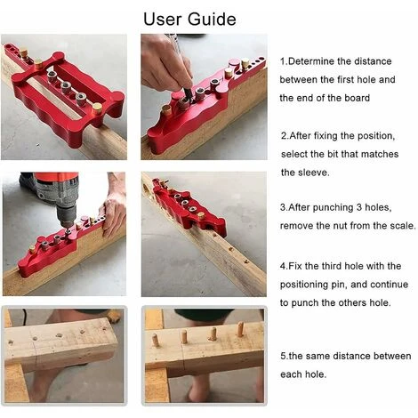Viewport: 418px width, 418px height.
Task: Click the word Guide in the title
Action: (x=212, y=19)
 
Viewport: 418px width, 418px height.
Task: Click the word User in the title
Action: (x=163, y=19)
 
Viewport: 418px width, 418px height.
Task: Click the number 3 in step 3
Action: (x=359, y=207)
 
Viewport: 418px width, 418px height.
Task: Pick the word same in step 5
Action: (x=318, y=356)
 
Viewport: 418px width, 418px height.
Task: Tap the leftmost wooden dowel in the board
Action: (x=156, y=341)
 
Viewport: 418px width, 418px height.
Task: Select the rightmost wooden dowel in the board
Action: (x=240, y=330)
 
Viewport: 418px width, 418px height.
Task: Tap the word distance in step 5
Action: (x=352, y=356)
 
